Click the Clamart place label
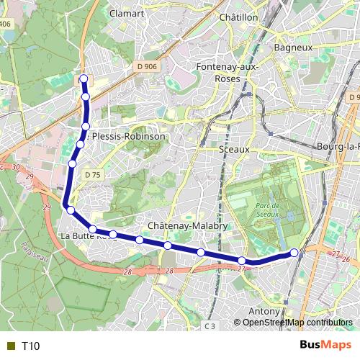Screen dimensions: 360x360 pyautogui.click(x=126, y=14)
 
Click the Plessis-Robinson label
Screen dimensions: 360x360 pyautogui.click(x=128, y=136)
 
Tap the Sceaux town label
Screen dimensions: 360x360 pyautogui.click(x=233, y=149)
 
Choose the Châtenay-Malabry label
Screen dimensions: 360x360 pyautogui.click(x=187, y=225)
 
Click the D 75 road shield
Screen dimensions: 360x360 pyautogui.click(x=91, y=175)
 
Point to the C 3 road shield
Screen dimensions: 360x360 pyautogui.click(x=210, y=326)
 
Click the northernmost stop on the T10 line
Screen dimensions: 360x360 pyautogui.click(x=84, y=79)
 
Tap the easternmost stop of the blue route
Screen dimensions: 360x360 pyautogui.click(x=294, y=252)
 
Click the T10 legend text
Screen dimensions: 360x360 pyautogui.click(x=30, y=346)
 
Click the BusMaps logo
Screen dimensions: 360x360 pyautogui.click(x=325, y=345)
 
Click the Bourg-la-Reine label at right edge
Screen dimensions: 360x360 pyautogui.click(x=338, y=147)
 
